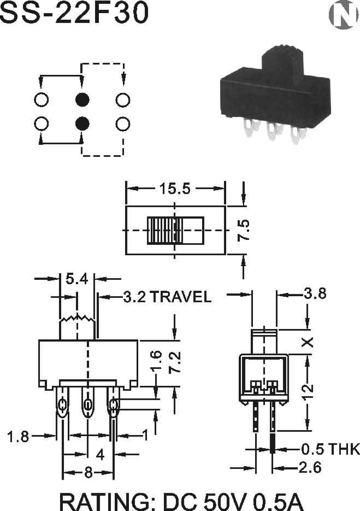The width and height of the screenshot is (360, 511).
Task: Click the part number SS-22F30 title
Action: pos(74,13)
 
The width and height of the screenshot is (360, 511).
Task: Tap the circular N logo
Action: pos(343,15)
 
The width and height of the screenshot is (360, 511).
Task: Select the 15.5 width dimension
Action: pos(175,189)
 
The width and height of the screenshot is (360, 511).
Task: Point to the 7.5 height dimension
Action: pos(244,231)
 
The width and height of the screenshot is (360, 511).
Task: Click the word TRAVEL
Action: pos(181,297)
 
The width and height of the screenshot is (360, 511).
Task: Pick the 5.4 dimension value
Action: pos(77,279)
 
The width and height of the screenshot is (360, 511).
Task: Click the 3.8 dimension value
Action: pos(315,293)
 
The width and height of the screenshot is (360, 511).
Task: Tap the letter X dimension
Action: pos(308,342)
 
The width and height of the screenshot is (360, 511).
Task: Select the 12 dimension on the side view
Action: pos(308,391)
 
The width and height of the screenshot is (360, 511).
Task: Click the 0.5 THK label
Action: pos(331,449)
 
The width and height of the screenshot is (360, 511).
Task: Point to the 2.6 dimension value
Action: pos(310,468)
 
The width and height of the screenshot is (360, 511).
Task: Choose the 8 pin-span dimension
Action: pos(88,472)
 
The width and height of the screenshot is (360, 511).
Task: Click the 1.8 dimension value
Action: pos(18,437)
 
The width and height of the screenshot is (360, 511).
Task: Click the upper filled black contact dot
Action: pos(82,99)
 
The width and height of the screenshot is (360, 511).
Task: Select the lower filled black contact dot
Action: pos(82,124)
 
